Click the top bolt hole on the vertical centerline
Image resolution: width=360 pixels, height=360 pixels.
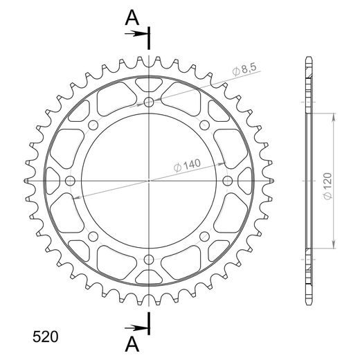point(149,102)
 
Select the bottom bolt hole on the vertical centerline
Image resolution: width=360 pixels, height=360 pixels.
point(149,260)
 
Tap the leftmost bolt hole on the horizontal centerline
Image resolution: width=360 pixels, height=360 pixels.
point(70,181)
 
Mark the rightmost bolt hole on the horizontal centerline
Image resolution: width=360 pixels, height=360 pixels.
point(228,181)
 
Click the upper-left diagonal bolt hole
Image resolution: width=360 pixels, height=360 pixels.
point(93,125)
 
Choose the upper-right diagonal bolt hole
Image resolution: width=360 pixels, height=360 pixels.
point(204,125)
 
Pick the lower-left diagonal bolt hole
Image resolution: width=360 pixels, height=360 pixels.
point(93,236)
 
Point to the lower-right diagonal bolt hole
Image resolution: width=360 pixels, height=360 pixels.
point(204,236)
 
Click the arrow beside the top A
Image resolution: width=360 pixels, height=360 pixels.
point(139,32)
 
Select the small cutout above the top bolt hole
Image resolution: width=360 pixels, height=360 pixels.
point(149,84)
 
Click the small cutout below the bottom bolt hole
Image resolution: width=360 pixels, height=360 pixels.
point(149,277)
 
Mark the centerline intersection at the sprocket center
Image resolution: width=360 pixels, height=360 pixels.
point(149,181)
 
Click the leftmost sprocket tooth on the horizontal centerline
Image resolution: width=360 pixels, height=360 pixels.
point(28,181)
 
